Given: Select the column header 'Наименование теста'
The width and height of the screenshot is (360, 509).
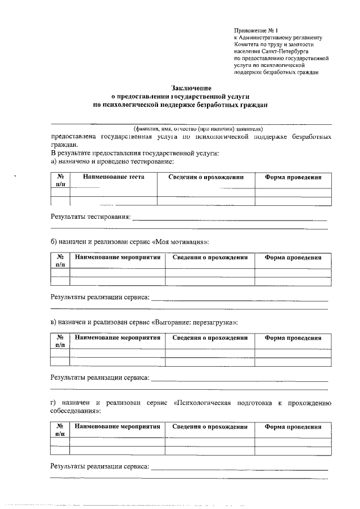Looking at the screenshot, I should click(x=114, y=177).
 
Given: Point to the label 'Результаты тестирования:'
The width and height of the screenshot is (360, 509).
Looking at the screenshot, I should click(x=91, y=217).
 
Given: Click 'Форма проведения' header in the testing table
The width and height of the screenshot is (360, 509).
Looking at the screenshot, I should click(x=293, y=177).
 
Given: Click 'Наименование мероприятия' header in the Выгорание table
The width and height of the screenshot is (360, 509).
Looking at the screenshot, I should click(x=117, y=338).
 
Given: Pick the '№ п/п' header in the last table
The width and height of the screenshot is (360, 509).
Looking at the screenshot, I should click(x=60, y=430).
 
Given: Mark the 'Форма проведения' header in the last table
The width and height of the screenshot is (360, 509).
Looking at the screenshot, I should click(x=293, y=427).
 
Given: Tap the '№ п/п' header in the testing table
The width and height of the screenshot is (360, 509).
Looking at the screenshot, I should click(x=60, y=181).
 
